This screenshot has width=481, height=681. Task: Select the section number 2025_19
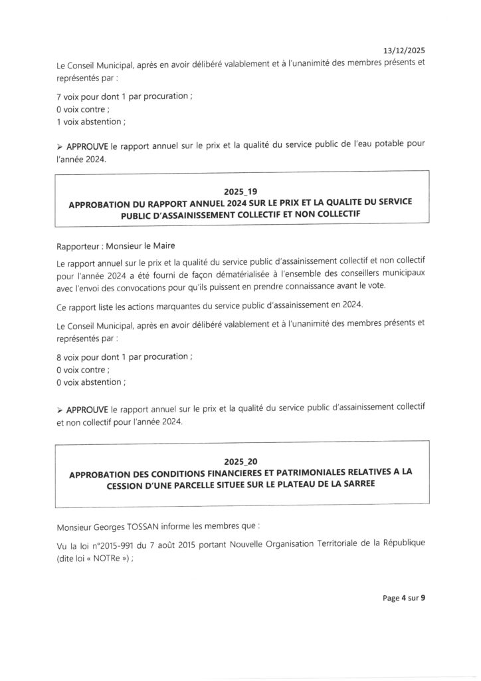(x=240, y=192)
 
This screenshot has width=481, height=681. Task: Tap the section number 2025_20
(x=240, y=461)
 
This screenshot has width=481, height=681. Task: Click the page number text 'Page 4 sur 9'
(x=404, y=598)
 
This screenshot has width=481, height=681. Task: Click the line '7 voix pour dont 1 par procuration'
(x=125, y=96)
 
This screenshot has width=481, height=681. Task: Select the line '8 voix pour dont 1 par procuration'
(x=125, y=357)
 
